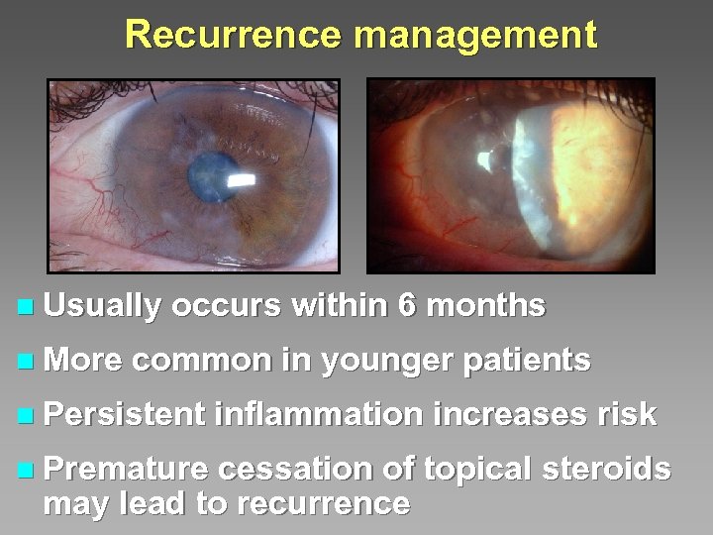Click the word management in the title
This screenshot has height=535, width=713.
pos(475,38)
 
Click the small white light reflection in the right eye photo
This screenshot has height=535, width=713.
pos(485,159)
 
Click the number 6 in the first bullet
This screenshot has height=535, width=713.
pos(406,306)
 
